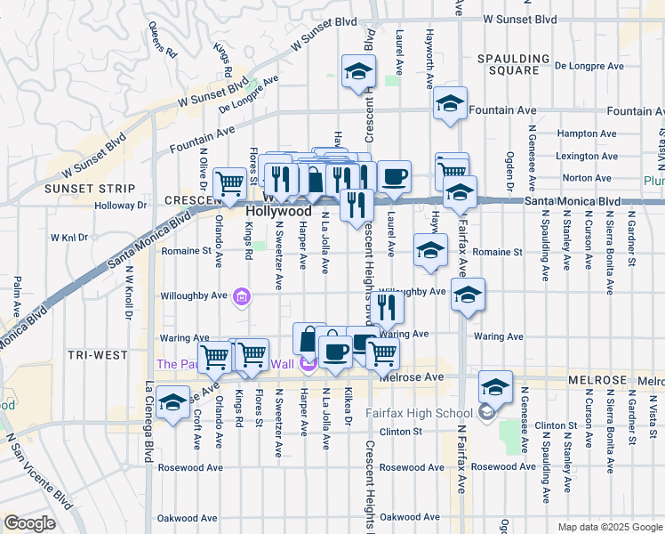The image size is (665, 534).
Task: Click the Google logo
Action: click(28, 522)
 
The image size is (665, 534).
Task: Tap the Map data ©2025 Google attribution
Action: click(609, 527)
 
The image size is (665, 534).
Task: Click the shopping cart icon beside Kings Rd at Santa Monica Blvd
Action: click(230, 184)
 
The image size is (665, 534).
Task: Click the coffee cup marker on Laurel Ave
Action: click(394, 175)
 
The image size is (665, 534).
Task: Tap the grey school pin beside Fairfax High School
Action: click(487, 412)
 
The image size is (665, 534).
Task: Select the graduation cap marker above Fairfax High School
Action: click(495, 386)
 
